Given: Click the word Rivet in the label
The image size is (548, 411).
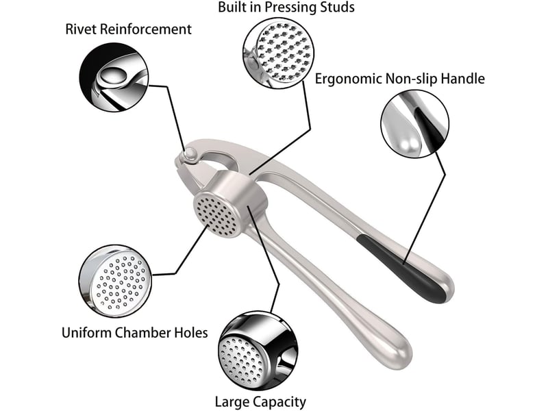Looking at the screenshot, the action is (x=79, y=29).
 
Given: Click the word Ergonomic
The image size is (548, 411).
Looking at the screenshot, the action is (x=348, y=79).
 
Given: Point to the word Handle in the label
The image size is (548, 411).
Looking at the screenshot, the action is (x=462, y=78).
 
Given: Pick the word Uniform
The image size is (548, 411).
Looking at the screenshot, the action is (x=86, y=332).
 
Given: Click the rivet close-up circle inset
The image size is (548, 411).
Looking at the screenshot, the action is (x=114, y=77).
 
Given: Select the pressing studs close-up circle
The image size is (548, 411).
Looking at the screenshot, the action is (x=279, y=53).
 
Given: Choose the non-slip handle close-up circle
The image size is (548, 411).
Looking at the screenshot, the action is (x=414, y=124).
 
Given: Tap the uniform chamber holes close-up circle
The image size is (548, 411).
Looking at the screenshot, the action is (x=115, y=281).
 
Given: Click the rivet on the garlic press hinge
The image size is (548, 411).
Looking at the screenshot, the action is (x=191, y=154).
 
